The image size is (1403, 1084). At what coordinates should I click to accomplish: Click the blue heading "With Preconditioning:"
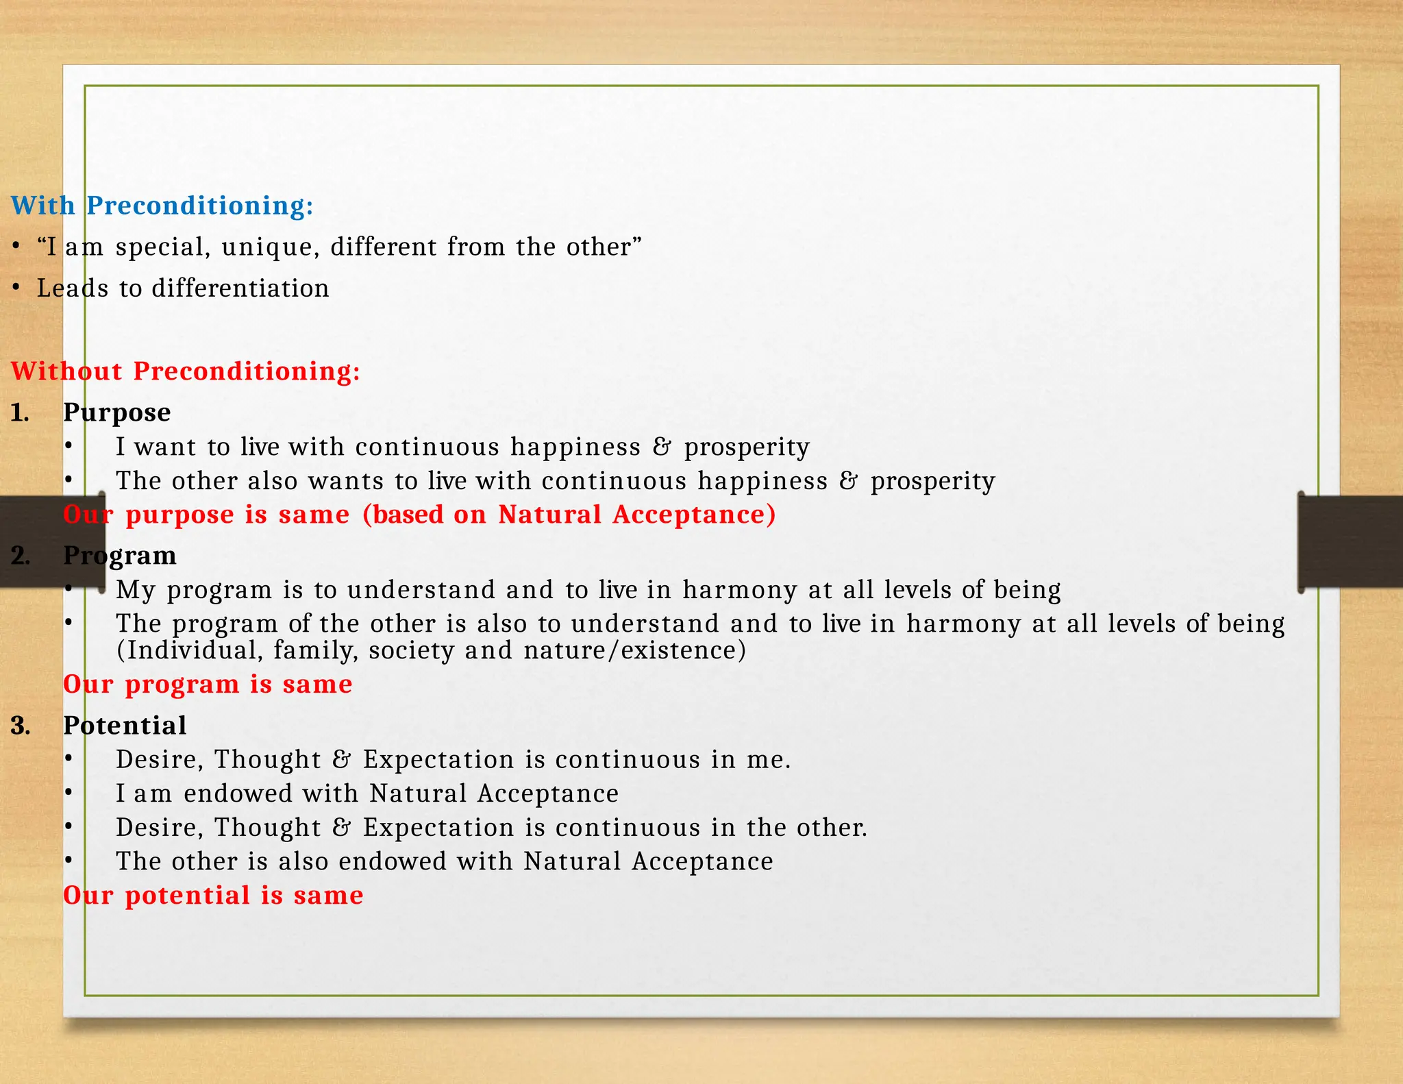pyautogui.click(x=162, y=206)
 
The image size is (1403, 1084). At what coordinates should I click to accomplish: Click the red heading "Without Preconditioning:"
pyautogui.click(x=186, y=371)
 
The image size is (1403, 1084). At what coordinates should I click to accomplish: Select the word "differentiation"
pyautogui.click(x=240, y=288)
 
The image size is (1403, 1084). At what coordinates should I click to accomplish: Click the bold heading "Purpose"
pyautogui.click(x=117, y=412)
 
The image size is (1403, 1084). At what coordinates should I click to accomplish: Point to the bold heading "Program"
pyautogui.click(x=120, y=555)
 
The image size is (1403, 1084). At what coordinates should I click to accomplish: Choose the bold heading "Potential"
pyautogui.click(x=125, y=725)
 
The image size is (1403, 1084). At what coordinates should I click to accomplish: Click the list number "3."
pyautogui.click(x=21, y=725)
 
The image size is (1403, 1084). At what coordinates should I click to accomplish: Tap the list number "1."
pyautogui.click(x=20, y=412)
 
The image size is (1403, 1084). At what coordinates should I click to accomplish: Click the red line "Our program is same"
pyautogui.click(x=208, y=684)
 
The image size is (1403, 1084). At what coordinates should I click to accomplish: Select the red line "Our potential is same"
pyautogui.click(x=213, y=895)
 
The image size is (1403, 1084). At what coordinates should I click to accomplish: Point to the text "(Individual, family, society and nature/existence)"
pyautogui.click(x=431, y=650)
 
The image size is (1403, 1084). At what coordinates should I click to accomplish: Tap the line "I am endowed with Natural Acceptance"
pyautogui.click(x=367, y=793)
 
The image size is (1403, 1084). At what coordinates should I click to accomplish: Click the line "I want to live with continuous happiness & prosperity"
pyautogui.click(x=462, y=447)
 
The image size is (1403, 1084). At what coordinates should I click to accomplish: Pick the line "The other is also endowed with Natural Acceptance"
pyautogui.click(x=444, y=861)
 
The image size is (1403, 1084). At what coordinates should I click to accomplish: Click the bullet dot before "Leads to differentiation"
pyautogui.click(x=16, y=288)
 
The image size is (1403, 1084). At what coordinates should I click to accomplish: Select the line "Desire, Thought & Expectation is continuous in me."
pyautogui.click(x=453, y=759)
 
